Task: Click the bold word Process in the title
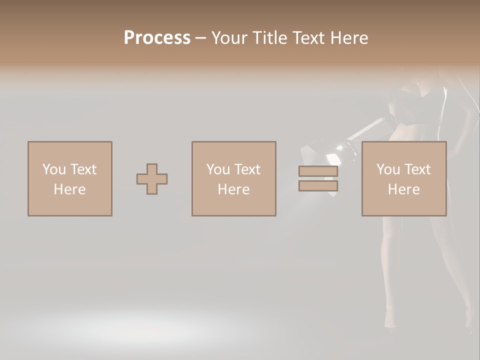pos(157,38)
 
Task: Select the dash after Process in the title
pos(200,38)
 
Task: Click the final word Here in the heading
pos(349,38)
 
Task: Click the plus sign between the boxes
pos(152,179)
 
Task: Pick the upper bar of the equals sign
pos(318,171)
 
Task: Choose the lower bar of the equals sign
pos(318,186)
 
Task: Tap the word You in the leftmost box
pos(54,169)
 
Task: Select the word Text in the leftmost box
pos(82,169)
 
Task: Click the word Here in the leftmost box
pos(69,189)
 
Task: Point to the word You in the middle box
pos(218,169)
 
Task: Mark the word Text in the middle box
pos(246,169)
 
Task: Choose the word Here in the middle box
pos(233,189)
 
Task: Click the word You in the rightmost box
pos(388,169)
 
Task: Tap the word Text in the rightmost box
pos(416,169)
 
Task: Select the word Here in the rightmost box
pos(403,189)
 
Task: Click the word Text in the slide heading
pos(309,38)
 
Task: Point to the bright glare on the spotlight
pos(342,146)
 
